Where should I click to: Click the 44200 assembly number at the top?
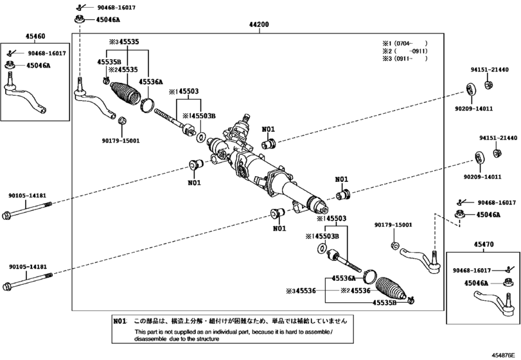[259, 24]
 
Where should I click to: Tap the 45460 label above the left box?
[35, 36]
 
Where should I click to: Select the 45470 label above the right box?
[484, 244]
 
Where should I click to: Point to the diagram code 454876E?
[506, 355]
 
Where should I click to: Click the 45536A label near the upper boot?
[150, 82]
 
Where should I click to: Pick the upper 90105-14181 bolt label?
[27, 196]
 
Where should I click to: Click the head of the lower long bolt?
[6, 287]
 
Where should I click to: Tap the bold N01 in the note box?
[120, 321]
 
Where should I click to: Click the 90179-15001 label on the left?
[121, 141]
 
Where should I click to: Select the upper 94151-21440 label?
[490, 70]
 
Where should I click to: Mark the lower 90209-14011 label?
[482, 177]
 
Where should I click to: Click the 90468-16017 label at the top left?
[116, 7]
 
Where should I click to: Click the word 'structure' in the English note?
[208, 339]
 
